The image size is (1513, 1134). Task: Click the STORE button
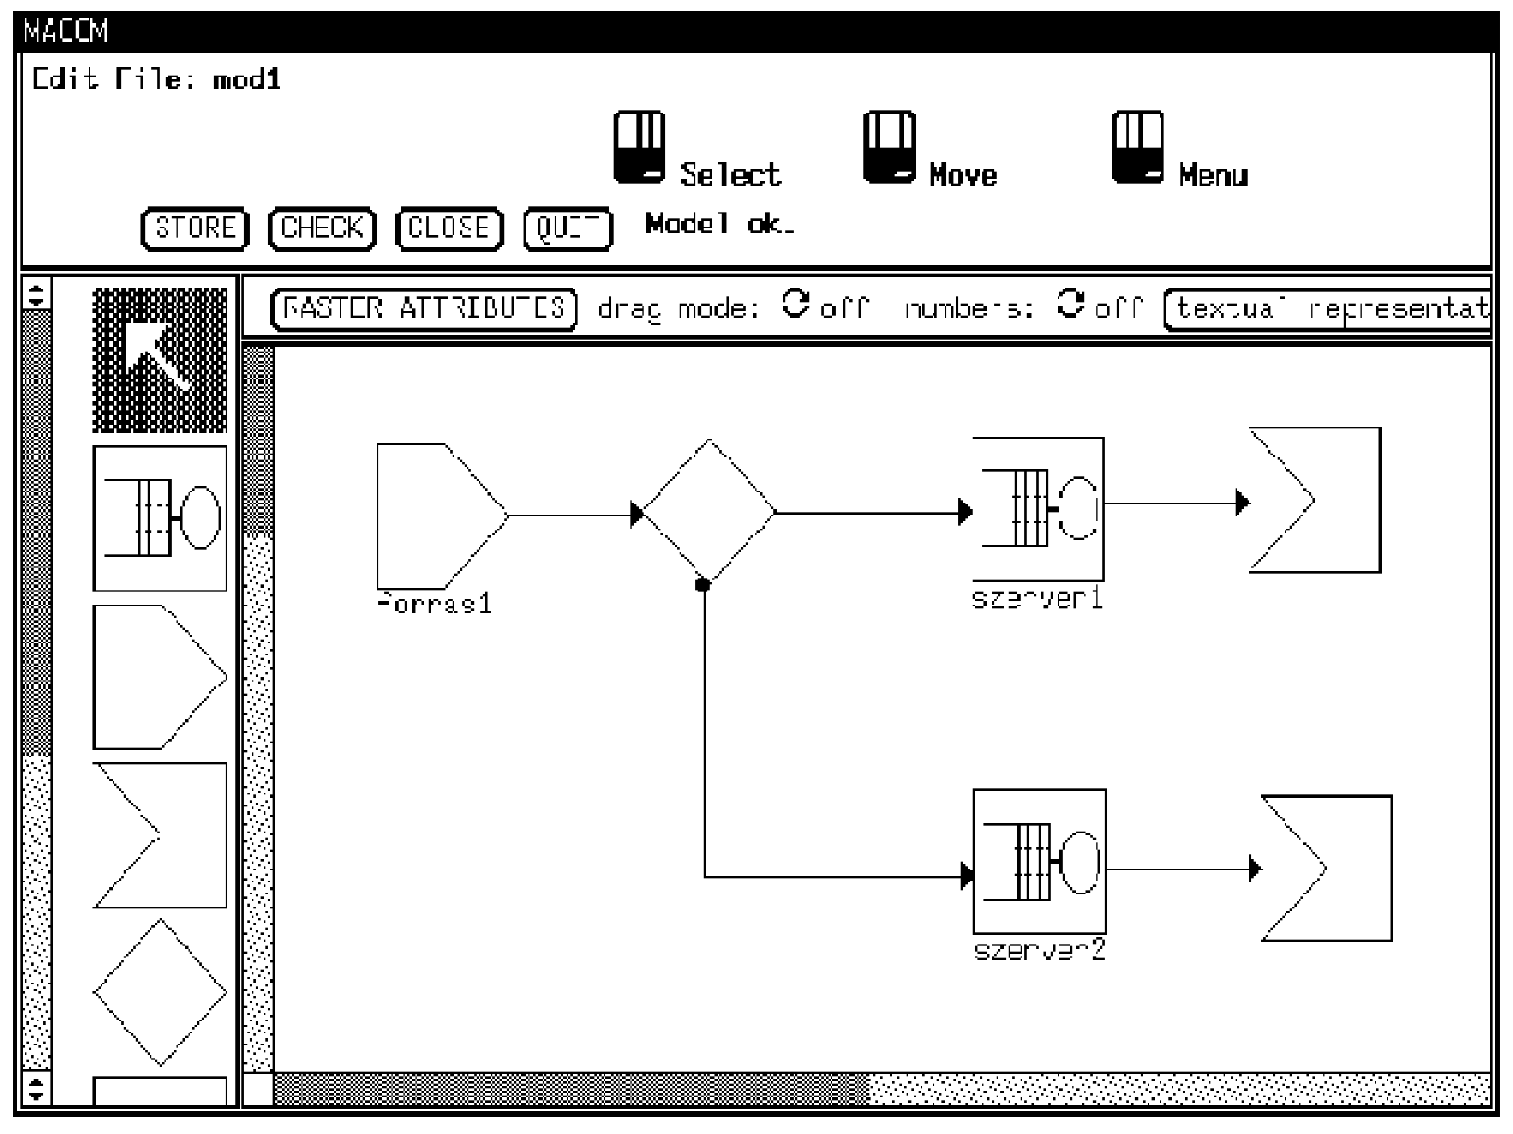195,229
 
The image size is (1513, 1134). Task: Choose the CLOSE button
449,229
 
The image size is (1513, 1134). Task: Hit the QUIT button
568,229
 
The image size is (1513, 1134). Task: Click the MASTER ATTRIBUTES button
424,309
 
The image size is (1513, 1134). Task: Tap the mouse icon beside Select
639,148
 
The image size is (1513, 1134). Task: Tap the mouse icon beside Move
889,148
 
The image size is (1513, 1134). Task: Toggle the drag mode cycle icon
796,304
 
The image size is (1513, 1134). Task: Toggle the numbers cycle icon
1071,304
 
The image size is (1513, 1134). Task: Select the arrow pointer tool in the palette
159,360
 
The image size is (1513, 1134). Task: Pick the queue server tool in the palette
159,518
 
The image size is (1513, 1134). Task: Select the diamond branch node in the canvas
709,511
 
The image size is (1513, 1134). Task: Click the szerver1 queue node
1038,509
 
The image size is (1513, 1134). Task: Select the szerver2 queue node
1040,861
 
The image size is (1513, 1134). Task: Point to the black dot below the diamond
702,585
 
